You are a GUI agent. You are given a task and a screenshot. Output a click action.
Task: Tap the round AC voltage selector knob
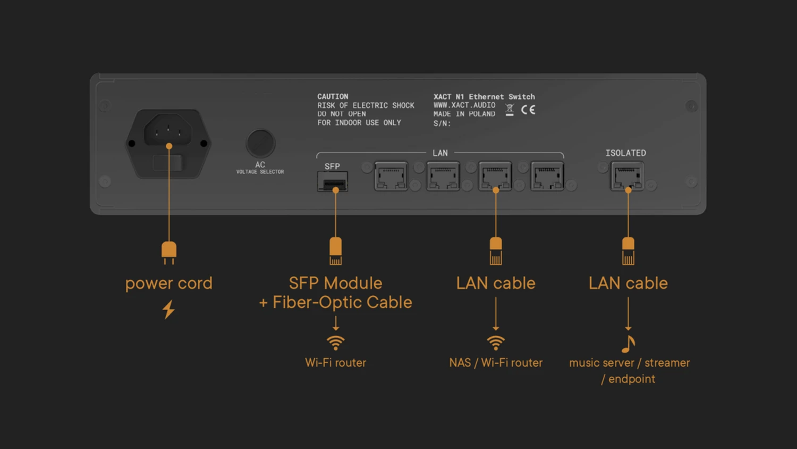(260, 143)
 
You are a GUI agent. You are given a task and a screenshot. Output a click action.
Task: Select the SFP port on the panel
(333, 182)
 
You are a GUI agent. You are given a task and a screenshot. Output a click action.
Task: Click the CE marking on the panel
(528, 110)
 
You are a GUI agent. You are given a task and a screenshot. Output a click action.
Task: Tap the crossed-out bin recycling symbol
(510, 110)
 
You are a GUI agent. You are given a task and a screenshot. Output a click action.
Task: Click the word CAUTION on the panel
(333, 96)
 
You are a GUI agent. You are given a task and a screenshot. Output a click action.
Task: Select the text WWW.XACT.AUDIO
(464, 105)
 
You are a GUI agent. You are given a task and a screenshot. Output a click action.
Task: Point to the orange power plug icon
(169, 252)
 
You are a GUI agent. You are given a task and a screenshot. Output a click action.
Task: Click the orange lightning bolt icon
(168, 309)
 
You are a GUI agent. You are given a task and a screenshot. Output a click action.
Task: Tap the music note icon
(628, 344)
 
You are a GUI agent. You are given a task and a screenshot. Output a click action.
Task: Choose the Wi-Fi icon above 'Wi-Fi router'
(335, 343)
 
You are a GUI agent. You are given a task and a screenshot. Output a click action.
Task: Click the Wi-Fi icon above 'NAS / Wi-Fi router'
(495, 343)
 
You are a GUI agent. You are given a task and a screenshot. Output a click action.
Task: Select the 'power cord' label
(168, 283)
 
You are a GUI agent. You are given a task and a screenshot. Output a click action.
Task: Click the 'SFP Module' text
(335, 283)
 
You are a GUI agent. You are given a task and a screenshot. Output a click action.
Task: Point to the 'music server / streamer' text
(629, 363)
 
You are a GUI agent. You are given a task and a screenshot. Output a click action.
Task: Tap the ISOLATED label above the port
(625, 153)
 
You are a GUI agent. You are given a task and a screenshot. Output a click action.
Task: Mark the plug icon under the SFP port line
(335, 251)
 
